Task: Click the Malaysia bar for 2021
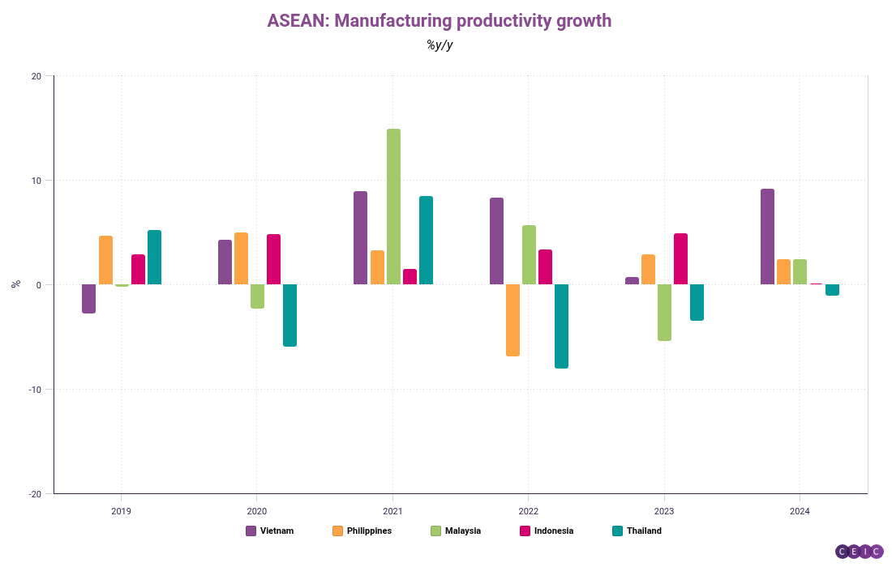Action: pos(393,207)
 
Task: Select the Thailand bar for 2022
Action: pos(561,326)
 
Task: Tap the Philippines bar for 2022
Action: pos(512,320)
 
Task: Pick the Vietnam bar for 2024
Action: pos(767,237)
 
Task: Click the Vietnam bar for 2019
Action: pos(89,298)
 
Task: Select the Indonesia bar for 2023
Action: pos(680,259)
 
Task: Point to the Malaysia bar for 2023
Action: pos(664,312)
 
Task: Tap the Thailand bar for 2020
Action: pos(289,315)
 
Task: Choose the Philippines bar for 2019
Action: pos(105,260)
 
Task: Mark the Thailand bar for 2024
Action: pos(832,290)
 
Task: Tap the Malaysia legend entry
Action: pos(455,531)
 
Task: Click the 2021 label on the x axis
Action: pos(392,512)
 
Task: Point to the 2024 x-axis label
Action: pos(800,512)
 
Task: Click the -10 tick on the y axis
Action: pos(35,390)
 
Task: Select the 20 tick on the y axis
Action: pos(36,77)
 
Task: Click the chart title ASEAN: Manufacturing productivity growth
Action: pos(440,21)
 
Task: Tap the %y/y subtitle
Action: pos(440,45)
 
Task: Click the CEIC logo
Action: pos(859,552)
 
